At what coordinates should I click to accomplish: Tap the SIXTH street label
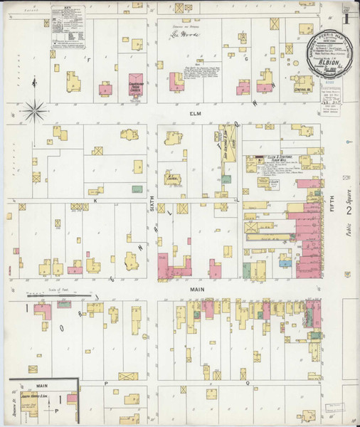(x=151, y=204)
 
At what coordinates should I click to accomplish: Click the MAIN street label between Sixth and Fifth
(x=197, y=290)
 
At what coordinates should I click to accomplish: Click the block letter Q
(x=248, y=382)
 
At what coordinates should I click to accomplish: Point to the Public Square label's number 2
(x=349, y=211)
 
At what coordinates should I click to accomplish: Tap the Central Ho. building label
(x=304, y=90)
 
